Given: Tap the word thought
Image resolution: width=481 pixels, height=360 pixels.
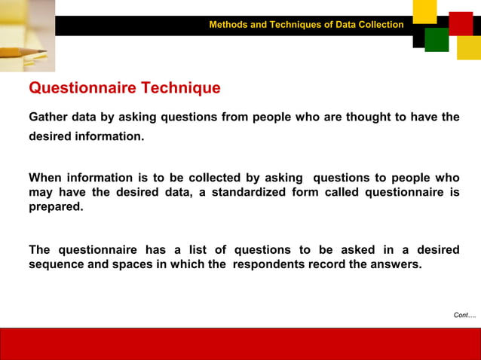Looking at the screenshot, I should coord(369,117).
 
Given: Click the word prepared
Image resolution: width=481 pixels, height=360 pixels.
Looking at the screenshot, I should coord(56,206).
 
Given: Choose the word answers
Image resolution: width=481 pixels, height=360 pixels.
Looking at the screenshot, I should coord(394,264).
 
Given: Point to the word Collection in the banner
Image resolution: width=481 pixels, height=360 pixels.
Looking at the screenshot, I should coord(380,25).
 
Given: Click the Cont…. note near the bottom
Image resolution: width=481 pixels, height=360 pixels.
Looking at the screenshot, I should coord(464,315).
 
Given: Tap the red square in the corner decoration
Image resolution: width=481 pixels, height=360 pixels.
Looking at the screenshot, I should coord(460,23).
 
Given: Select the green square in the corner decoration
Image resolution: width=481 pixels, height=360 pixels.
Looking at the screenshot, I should coord(437,40).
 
